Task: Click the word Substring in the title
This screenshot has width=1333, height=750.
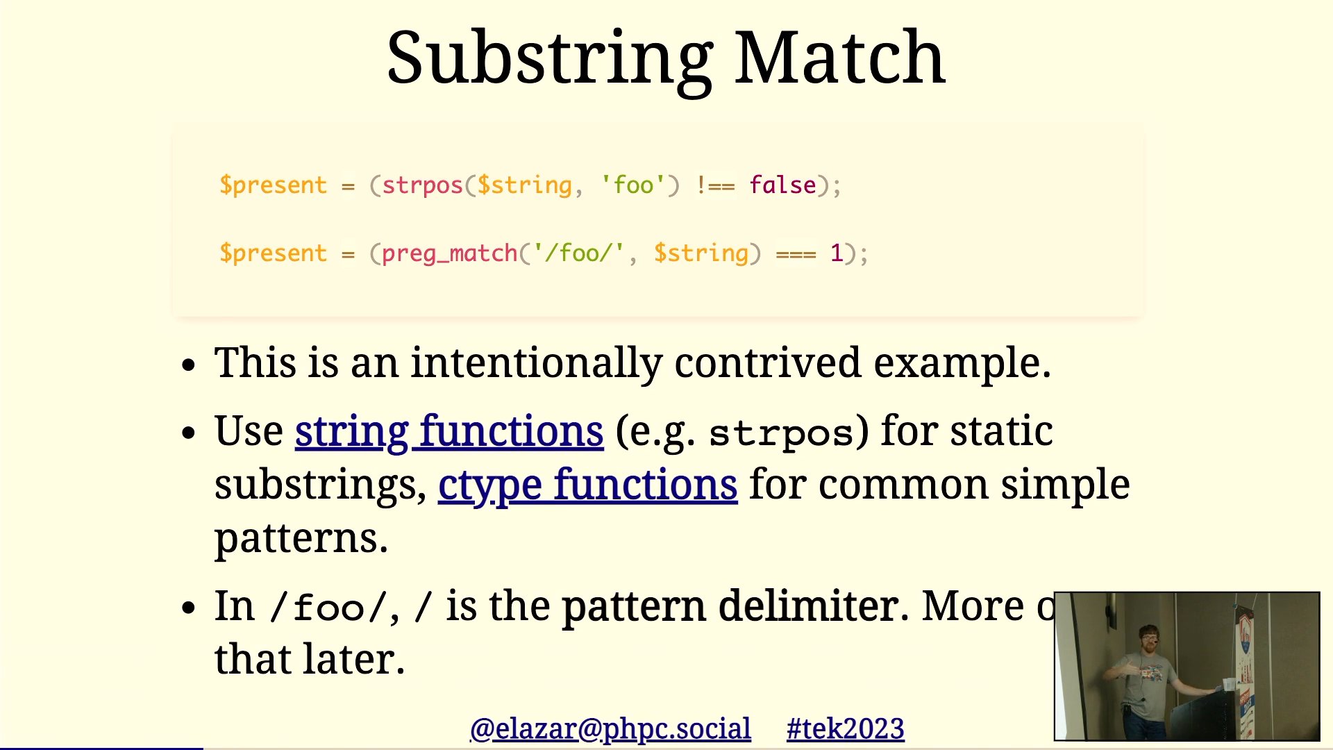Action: pos(550,61)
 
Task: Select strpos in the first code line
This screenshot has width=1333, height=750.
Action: pos(422,186)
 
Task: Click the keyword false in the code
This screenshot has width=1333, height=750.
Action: pos(782,185)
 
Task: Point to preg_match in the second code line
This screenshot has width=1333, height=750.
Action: pos(450,253)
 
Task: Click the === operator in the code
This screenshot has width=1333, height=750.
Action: pos(796,254)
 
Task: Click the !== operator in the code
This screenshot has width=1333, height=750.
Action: pos(715,185)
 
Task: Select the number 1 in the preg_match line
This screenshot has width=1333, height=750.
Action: pos(837,253)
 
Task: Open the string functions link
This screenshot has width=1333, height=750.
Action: pos(449,431)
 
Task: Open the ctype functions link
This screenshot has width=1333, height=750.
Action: pos(587,485)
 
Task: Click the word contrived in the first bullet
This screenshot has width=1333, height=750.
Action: pos(768,362)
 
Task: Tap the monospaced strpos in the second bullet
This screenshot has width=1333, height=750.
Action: pos(782,434)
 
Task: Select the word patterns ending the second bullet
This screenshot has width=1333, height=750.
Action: pos(301,539)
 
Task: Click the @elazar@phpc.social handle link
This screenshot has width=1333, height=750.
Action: pos(610,729)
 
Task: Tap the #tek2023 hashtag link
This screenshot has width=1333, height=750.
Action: pos(845,729)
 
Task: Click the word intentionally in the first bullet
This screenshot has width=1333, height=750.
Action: pos(536,364)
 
